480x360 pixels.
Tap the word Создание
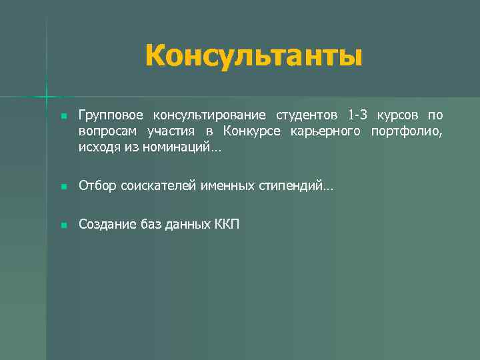[x=105, y=225]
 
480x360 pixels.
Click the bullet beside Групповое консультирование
[x=63, y=117]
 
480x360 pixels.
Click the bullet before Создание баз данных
[x=63, y=226]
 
